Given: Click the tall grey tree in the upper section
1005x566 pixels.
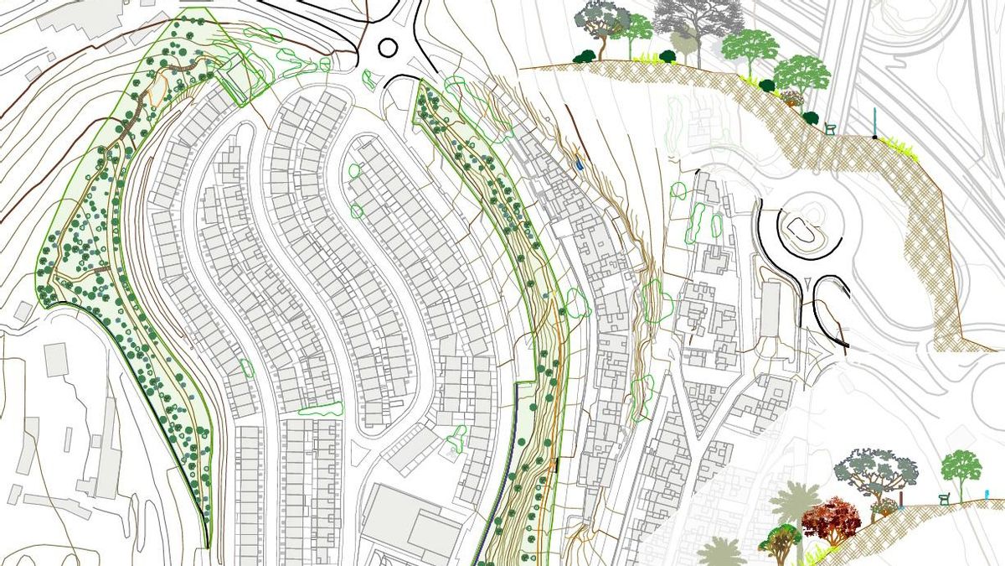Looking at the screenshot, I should coord(698,21).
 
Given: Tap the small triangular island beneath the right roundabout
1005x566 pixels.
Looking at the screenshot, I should coord(807,282).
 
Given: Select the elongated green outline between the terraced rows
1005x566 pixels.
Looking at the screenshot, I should coord(321,409).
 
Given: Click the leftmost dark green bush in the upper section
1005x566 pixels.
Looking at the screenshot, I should coord(584,56).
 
